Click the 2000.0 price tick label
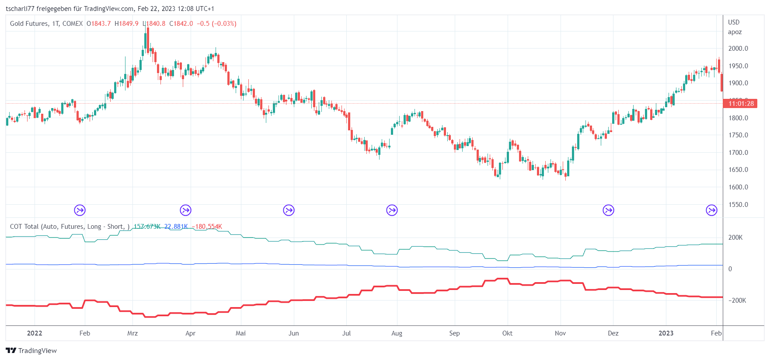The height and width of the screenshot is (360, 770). tap(738, 49)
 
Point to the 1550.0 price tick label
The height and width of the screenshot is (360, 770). tap(738, 205)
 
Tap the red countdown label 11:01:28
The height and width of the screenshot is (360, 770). tap(741, 104)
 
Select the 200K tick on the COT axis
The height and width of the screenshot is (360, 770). tap(735, 238)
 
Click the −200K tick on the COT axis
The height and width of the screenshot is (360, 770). tap(737, 301)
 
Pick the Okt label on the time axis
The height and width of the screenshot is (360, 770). tap(507, 333)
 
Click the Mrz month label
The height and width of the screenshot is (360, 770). tap(132, 333)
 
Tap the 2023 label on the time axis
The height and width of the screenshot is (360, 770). tap(666, 333)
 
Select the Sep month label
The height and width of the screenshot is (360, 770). tap(454, 333)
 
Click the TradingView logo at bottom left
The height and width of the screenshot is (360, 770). tap(31, 351)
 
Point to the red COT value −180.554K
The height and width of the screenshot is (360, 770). tap(207, 227)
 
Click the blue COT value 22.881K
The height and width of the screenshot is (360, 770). tap(176, 227)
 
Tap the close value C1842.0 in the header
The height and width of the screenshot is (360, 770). tap(181, 24)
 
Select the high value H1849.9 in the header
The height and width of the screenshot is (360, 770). tap(126, 24)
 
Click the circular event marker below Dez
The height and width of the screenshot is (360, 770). tap(608, 210)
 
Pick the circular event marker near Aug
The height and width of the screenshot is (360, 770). tap(392, 210)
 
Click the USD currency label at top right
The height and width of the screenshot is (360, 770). tap(734, 22)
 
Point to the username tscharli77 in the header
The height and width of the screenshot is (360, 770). tap(20, 9)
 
